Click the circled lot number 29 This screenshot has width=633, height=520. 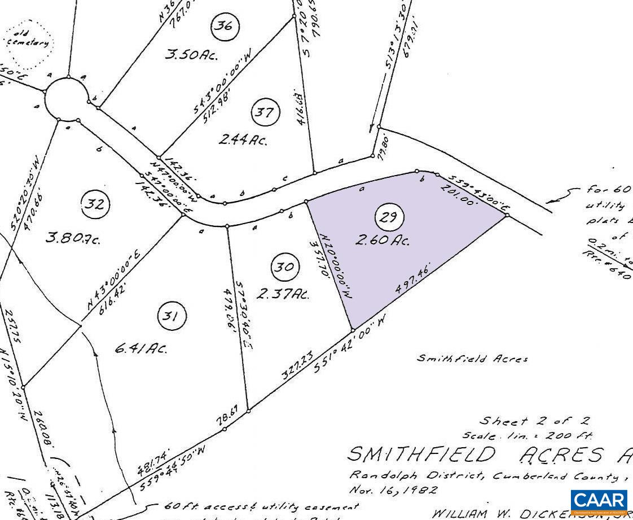pos(389,217)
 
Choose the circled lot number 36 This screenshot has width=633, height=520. pos(225,26)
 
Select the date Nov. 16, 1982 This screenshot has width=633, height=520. pos(392,490)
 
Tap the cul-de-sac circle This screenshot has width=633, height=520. pos(67,99)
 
